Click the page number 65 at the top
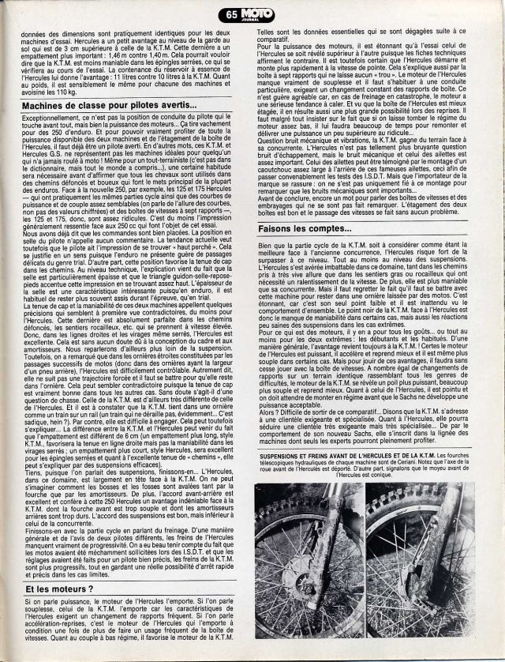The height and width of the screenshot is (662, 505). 230,13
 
